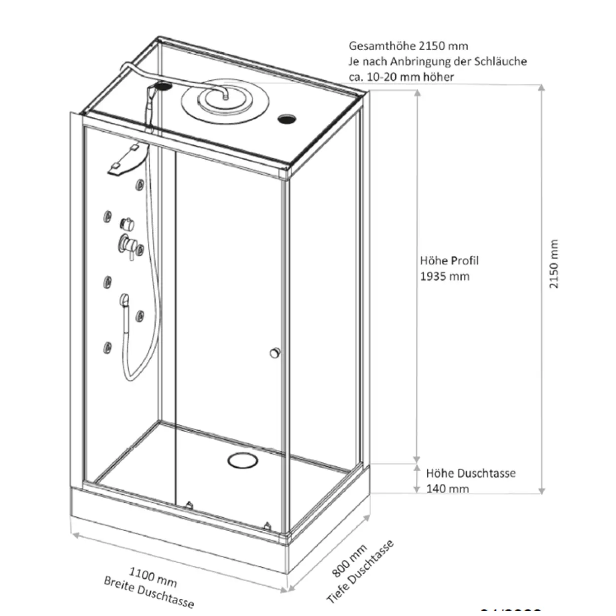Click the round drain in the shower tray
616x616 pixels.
pyautogui.click(x=242, y=460)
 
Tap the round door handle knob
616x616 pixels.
pyautogui.click(x=274, y=353)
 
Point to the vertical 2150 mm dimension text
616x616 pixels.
pyautogui.click(x=554, y=264)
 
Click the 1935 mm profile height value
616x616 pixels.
pyautogui.click(x=445, y=276)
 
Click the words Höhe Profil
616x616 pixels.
pyautogui.click(x=449, y=261)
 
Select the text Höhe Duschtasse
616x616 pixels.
pyautogui.click(x=471, y=474)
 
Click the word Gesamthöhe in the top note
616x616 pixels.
pyautogui.click(x=382, y=46)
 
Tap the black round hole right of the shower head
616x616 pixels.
pyautogui.click(x=287, y=119)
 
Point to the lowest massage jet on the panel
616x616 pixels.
pyautogui.click(x=107, y=347)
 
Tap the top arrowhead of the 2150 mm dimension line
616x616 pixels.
pyautogui.click(x=542, y=88)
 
